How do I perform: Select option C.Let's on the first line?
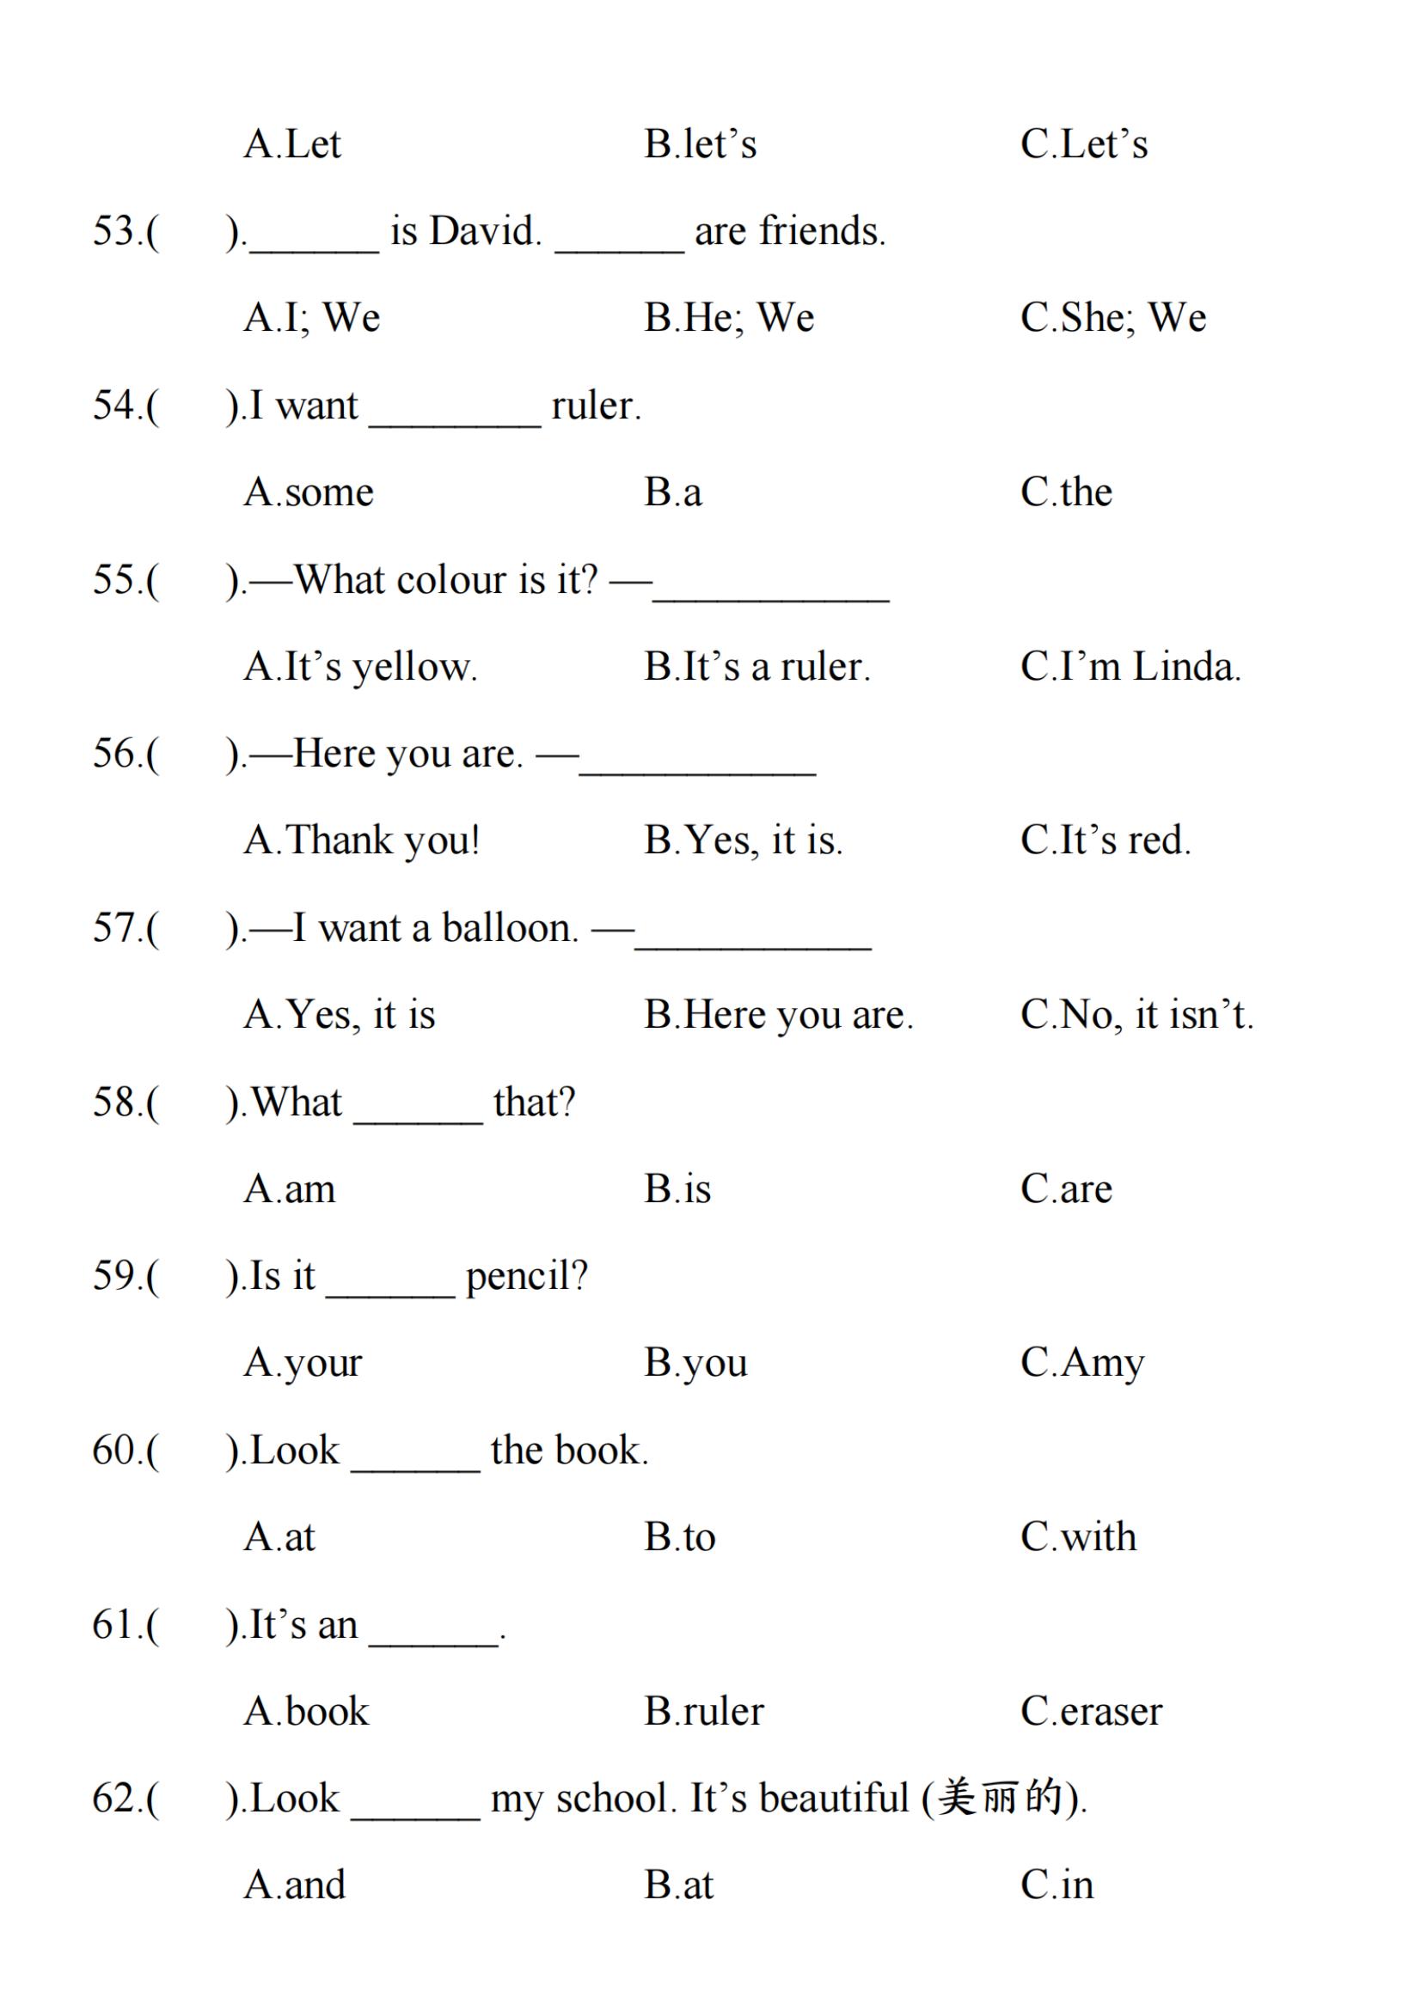[x=1083, y=144]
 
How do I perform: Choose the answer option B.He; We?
[x=728, y=318]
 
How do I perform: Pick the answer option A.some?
[x=309, y=493]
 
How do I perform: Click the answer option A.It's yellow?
[x=360, y=668]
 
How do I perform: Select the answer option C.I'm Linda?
[x=1130, y=667]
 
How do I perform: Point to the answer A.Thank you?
[x=362, y=841]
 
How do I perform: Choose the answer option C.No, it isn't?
[x=1136, y=1016]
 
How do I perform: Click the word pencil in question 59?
[x=525, y=1277]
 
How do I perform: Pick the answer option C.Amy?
[x=1082, y=1364]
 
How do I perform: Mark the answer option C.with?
[x=1078, y=1538]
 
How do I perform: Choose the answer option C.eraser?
[x=1091, y=1713]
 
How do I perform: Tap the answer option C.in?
[x=1057, y=1885]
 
